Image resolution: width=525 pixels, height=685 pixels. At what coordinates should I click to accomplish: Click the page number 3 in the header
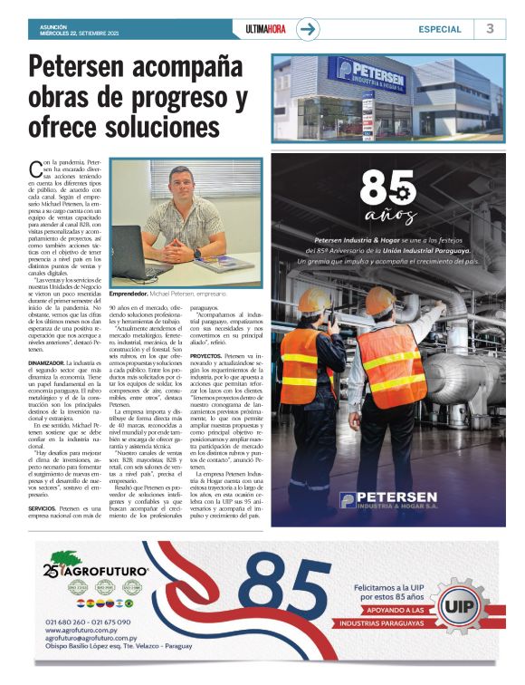tap(490, 28)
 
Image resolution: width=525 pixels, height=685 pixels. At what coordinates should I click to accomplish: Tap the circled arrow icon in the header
tap(309, 29)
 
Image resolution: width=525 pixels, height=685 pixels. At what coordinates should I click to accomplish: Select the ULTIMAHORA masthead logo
tap(265, 29)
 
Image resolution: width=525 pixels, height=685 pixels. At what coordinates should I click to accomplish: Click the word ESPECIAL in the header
tap(439, 29)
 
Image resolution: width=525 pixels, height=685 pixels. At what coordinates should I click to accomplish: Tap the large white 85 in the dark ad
tap(387, 189)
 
